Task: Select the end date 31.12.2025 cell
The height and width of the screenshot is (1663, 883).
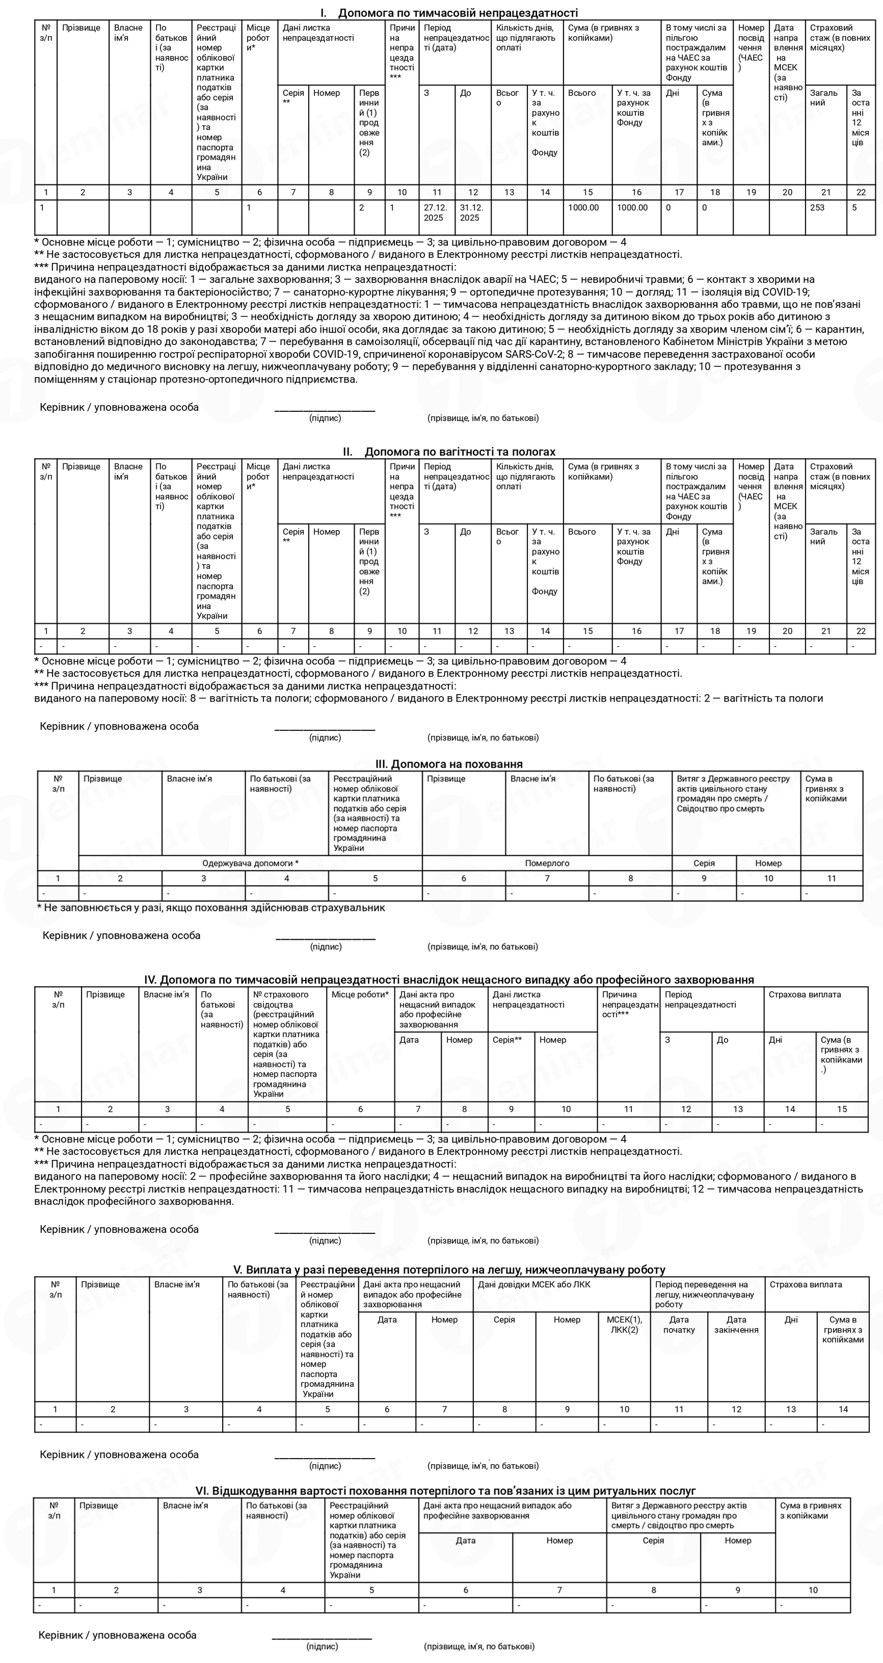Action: (x=471, y=213)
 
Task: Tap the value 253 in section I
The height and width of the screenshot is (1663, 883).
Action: (x=817, y=208)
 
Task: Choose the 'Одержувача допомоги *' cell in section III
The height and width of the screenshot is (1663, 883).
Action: (x=250, y=863)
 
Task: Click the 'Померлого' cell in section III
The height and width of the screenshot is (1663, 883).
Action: (x=547, y=863)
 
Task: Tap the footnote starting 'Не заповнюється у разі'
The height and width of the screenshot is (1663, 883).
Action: (x=213, y=908)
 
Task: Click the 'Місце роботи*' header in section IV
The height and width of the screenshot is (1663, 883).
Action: (x=360, y=995)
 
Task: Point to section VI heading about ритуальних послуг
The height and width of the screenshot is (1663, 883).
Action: (x=445, y=1491)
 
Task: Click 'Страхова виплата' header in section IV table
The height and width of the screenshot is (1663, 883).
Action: (x=804, y=995)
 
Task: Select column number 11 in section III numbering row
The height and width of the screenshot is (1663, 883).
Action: (x=832, y=879)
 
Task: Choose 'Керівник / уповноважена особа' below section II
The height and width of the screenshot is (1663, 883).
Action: (x=119, y=726)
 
